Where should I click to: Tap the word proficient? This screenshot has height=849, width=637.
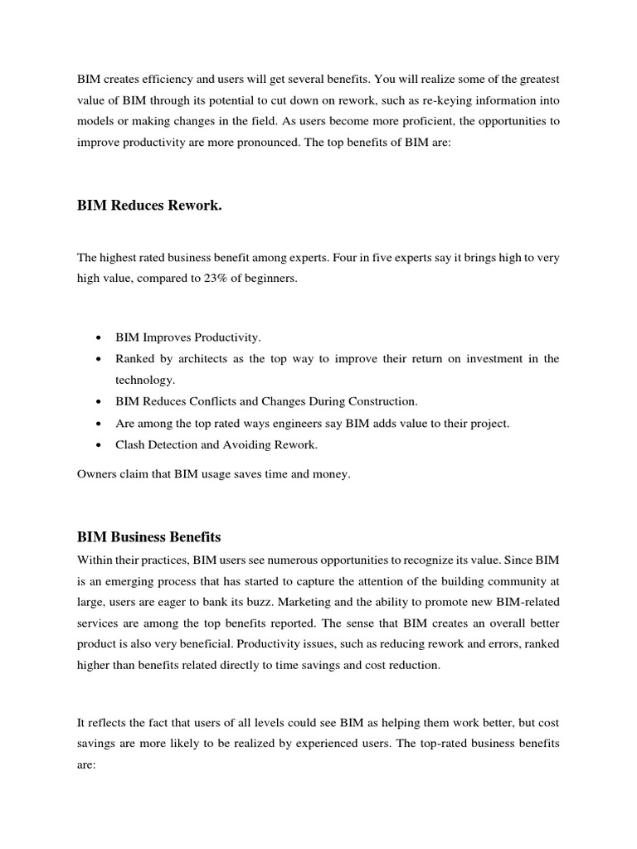(x=435, y=121)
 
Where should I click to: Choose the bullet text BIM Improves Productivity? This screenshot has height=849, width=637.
(x=188, y=337)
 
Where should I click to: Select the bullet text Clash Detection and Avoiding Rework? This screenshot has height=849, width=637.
(x=216, y=444)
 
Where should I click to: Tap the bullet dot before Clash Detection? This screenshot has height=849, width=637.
(x=99, y=445)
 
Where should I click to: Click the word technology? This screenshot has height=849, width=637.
(x=145, y=380)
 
